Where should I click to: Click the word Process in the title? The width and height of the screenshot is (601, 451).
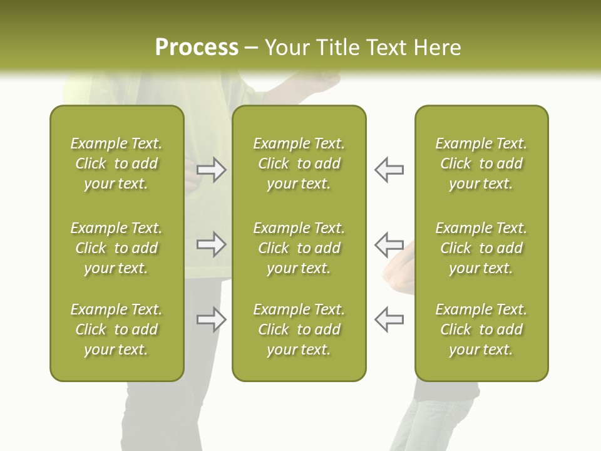(x=197, y=48)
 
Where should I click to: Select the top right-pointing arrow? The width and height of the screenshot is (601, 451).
(x=212, y=170)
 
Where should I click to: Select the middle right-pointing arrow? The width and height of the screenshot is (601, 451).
(x=212, y=244)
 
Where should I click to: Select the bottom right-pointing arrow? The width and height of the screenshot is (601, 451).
(x=212, y=319)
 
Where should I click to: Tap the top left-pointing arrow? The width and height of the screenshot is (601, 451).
(x=389, y=170)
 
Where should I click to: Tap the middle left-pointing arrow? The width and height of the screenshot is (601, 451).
(x=389, y=244)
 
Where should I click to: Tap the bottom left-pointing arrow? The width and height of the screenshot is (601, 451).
(x=389, y=319)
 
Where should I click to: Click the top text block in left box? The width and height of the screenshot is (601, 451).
(x=116, y=163)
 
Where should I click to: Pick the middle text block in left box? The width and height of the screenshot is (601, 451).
(x=116, y=248)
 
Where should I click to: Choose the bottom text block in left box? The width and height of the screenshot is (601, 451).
(x=116, y=329)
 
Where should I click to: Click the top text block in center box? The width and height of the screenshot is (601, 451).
(x=299, y=163)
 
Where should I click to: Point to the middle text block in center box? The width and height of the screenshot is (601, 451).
(x=299, y=248)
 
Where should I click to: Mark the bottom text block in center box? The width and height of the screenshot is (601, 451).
(x=299, y=329)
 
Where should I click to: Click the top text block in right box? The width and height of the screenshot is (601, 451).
(x=481, y=163)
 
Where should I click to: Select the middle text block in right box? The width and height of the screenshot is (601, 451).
(x=481, y=248)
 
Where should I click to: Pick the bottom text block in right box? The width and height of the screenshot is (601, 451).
(x=481, y=329)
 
